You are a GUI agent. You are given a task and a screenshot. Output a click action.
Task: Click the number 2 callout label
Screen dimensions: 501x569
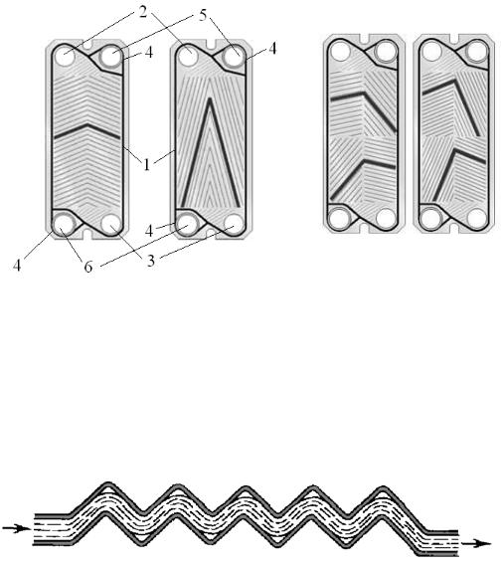pos(143,12)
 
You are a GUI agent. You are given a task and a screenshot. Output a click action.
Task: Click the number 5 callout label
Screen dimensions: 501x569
pos(203,15)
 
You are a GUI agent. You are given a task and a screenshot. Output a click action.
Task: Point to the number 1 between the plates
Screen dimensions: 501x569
pos(146,165)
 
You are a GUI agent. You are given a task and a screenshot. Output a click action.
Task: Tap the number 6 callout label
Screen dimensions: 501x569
pos(88,267)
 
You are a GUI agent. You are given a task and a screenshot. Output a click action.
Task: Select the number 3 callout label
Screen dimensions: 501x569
pos(151,261)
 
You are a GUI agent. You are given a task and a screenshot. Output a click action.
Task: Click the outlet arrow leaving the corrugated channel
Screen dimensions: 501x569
pos(476,543)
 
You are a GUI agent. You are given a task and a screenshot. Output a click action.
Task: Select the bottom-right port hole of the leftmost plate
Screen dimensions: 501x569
pos(111,224)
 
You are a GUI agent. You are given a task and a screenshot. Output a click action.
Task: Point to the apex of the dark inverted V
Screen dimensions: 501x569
pos(209,99)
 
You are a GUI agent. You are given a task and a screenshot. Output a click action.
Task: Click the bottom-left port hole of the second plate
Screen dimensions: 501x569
pos(188,224)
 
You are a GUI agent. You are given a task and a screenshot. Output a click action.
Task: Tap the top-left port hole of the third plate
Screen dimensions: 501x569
pos(340,51)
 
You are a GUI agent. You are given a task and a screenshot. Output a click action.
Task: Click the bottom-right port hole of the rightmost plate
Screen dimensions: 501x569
pos(476,219)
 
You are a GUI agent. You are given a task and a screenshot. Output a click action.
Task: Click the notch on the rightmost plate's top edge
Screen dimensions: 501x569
pos(455,38)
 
